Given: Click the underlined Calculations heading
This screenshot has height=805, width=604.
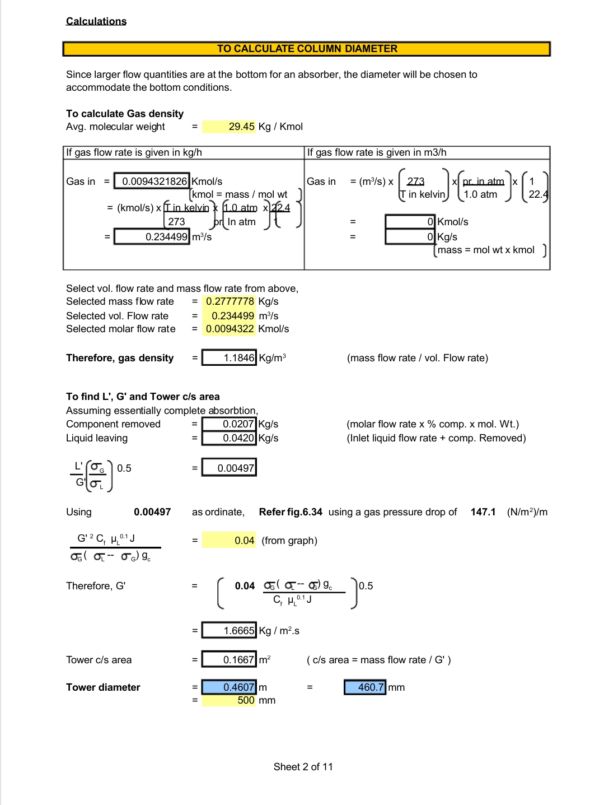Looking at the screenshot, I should coord(96,21).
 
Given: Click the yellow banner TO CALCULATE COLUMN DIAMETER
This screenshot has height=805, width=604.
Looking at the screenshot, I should coord(307,49).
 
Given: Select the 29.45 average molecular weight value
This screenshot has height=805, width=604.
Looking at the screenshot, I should coord(241,127).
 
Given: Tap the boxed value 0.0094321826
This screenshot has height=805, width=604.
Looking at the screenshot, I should coord(153,182).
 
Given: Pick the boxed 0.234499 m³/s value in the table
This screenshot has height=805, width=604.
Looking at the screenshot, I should coord(153,237).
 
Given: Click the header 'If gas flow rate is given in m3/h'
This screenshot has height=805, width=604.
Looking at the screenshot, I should coord(376,152).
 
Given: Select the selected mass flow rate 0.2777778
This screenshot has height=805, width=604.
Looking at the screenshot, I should coord(230,301).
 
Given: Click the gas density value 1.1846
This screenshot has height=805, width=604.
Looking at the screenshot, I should coord(230,358).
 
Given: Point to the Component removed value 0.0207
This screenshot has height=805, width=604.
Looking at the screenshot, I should coord(230,424).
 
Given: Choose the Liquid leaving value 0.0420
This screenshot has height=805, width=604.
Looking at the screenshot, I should coord(230,438).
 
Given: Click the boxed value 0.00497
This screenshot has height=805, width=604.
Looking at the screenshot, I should coord(230,468).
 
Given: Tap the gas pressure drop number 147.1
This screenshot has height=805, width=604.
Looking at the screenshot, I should coord(483,512).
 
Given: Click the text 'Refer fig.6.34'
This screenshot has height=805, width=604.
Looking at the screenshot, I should coord(291,512).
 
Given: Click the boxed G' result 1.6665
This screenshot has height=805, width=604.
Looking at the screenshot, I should coord(230,631).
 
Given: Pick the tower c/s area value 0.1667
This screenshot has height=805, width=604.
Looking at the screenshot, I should coord(230,660).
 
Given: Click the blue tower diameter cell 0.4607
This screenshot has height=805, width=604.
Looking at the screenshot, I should coord(230,687).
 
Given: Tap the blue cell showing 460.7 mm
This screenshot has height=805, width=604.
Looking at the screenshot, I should coord(365,687).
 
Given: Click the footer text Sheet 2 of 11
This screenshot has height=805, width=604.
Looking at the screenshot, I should coord(303,767).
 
